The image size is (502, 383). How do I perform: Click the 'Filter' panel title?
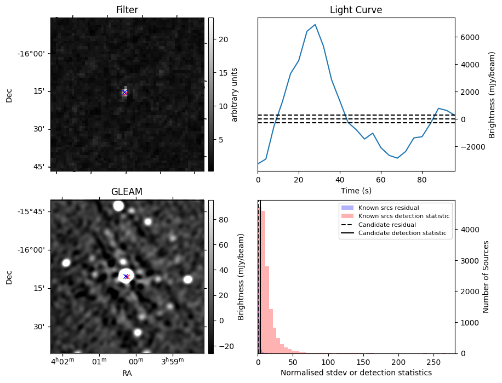tap(127, 10)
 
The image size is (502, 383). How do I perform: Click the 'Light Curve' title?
tap(356, 10)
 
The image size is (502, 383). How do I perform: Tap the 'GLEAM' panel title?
tap(127, 192)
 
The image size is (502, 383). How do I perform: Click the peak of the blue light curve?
tap(315, 25)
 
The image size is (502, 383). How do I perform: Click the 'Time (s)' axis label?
tap(356, 190)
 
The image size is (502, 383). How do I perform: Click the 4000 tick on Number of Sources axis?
tap(470, 230)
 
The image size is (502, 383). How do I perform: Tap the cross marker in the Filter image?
tap(125, 93)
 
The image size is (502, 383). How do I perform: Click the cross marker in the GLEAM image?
tap(126, 277)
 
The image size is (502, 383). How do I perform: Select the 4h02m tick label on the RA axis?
tap(62, 362)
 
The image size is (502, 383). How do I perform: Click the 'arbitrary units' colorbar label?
tap(235, 94)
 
